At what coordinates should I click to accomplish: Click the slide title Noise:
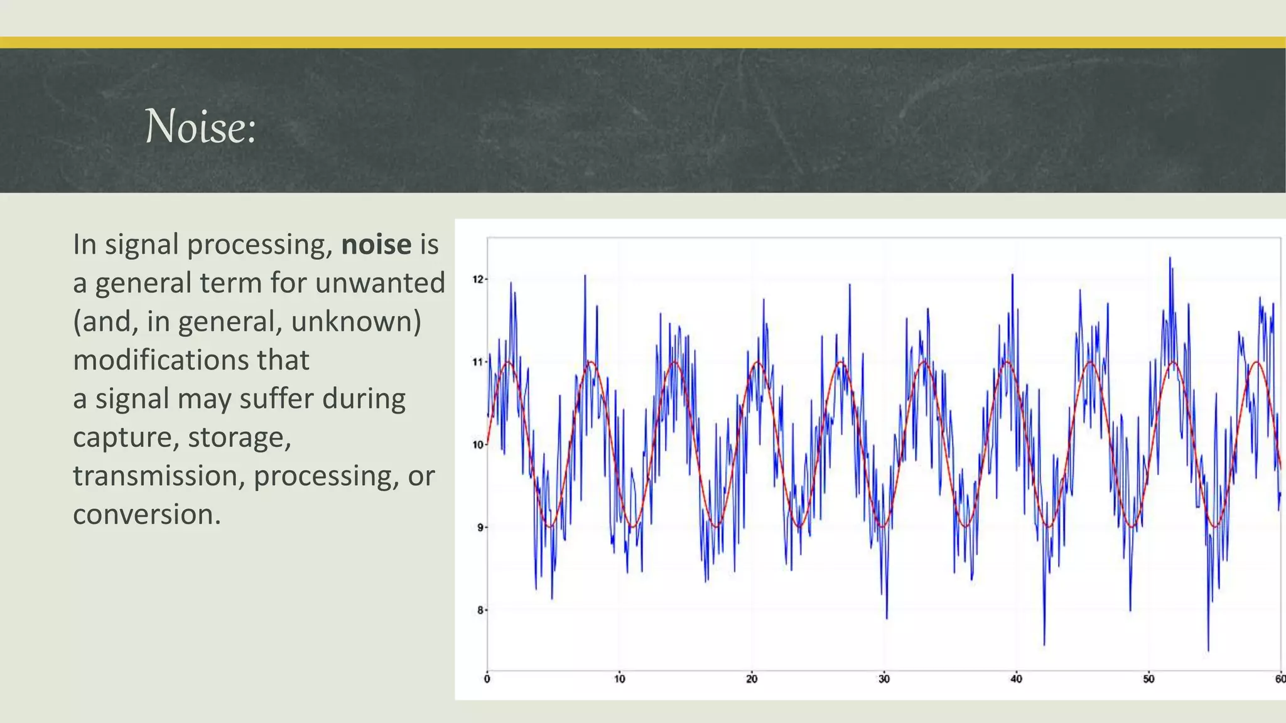(x=200, y=126)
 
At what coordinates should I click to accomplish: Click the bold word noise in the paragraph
(x=376, y=244)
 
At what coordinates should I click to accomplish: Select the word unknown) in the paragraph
(x=355, y=321)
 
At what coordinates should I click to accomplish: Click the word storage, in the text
(x=239, y=437)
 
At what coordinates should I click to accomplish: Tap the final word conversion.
(x=146, y=515)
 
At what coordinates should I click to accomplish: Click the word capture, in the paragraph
(x=125, y=437)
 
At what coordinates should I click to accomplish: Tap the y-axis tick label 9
(x=480, y=528)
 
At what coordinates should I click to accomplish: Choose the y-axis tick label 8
(x=480, y=610)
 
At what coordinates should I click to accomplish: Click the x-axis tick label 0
(x=487, y=679)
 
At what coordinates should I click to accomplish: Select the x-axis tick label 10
(x=619, y=679)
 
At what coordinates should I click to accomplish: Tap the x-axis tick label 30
(x=883, y=679)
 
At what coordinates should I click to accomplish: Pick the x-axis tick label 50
(x=1148, y=679)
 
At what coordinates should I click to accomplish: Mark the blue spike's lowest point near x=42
(x=1044, y=644)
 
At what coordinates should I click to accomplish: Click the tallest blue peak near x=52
(x=1170, y=258)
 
